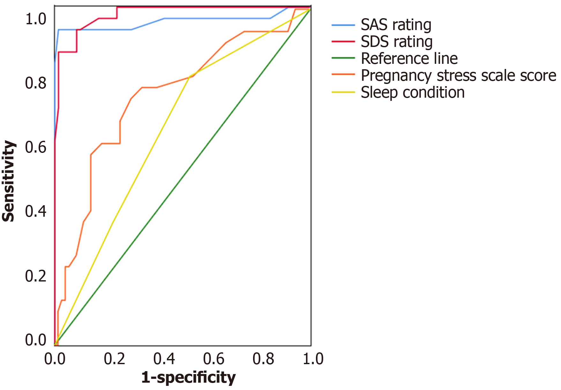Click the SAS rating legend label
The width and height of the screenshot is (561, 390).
[396, 25]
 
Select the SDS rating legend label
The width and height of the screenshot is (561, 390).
[396, 42]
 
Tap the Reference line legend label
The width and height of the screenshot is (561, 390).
[409, 59]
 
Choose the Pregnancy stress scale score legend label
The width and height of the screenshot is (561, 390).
[458, 76]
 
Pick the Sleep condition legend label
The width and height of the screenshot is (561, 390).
[412, 93]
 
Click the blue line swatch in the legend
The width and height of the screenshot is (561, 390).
[343, 25]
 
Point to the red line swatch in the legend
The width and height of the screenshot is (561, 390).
[343, 42]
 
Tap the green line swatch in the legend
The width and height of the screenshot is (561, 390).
[343, 58]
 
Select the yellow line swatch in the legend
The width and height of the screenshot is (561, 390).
[343, 93]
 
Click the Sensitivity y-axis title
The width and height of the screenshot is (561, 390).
[9, 181]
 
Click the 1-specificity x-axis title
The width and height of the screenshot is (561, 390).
[188, 378]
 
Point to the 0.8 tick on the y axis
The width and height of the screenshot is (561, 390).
[36, 83]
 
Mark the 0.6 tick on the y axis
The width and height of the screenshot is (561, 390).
[36, 147]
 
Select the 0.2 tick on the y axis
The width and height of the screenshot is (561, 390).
[36, 276]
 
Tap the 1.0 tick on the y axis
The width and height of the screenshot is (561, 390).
[36, 19]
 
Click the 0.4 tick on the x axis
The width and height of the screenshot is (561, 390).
[164, 359]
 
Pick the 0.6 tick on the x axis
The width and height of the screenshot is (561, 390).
[214, 359]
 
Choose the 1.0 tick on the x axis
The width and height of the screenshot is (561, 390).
[313, 359]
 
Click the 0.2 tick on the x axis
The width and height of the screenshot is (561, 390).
[114, 359]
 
